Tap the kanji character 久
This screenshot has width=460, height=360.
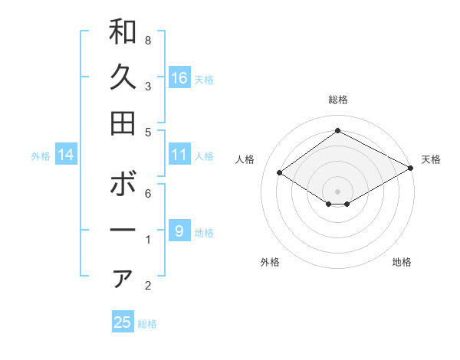point(123,77)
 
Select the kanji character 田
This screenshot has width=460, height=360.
point(123,123)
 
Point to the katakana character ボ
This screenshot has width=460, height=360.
point(123,185)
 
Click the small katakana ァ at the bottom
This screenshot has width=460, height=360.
point(123,279)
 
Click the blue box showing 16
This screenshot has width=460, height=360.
point(179,77)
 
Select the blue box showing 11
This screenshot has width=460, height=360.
point(179,155)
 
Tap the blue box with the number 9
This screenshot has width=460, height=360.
point(179,231)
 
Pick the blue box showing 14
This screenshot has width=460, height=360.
point(66,155)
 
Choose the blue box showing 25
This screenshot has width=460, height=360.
point(123,322)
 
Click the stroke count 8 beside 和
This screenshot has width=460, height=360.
point(148,40)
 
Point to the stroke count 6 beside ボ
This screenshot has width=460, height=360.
point(148,193)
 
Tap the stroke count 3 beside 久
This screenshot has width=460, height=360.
point(148,86)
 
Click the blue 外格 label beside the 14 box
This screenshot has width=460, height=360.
point(41,156)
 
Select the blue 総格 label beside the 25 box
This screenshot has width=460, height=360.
point(147,324)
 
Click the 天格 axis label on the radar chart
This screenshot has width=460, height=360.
point(431,159)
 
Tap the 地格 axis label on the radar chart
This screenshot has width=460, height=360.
point(402,262)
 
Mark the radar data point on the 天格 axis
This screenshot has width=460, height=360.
point(411,168)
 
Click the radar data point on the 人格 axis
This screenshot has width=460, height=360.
point(280,173)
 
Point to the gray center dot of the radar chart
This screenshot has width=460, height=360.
point(337,191)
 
